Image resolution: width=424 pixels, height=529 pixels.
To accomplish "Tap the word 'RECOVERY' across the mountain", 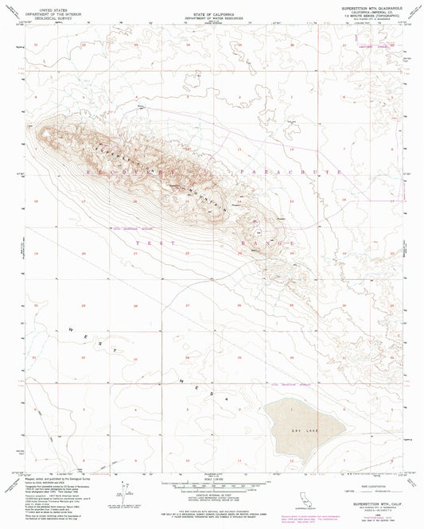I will point(119,169).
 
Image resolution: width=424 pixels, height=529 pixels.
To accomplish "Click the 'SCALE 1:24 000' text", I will point(212,478).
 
